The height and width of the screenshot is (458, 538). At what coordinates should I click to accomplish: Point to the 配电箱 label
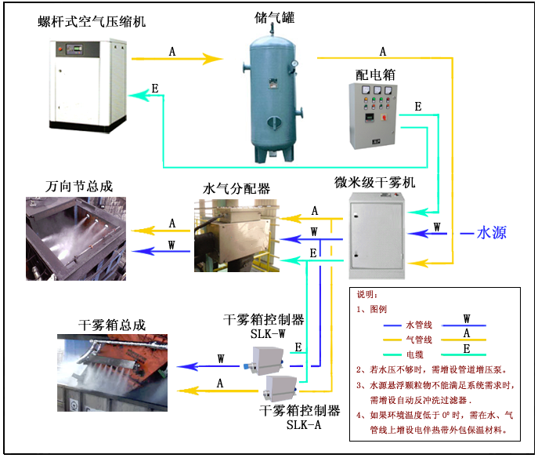(374, 75)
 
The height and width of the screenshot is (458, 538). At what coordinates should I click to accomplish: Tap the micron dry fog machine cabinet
(376, 235)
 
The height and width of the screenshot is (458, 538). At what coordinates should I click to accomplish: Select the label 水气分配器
(237, 188)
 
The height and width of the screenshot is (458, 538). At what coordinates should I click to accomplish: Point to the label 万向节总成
(79, 187)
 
